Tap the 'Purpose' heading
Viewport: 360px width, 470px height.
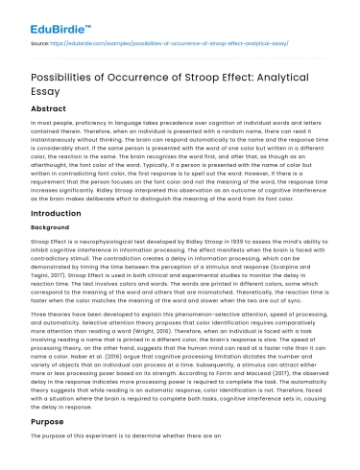(x=51, y=421)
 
